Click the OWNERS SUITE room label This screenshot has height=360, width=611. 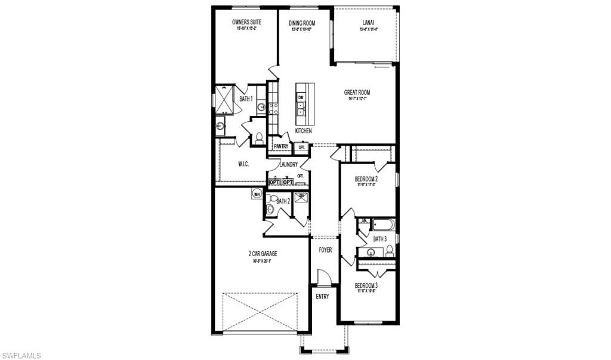pyautogui.click(x=245, y=23)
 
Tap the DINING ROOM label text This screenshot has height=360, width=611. pyautogui.click(x=302, y=23)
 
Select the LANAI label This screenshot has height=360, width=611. pyautogui.click(x=368, y=23)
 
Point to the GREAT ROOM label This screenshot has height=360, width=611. pyautogui.click(x=357, y=93)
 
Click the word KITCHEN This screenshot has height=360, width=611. pyautogui.click(x=303, y=131)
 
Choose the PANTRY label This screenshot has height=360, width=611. pyautogui.click(x=281, y=146)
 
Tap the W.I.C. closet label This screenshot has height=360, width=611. pyautogui.click(x=243, y=164)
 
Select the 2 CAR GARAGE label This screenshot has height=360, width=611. pyautogui.click(x=263, y=254)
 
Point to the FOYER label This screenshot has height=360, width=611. pyautogui.click(x=325, y=250)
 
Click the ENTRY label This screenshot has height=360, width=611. pyautogui.click(x=322, y=297)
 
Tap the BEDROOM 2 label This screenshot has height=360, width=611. pyautogui.click(x=366, y=179)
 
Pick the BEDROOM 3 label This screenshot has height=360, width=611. pyautogui.click(x=366, y=285)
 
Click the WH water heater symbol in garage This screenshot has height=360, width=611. pyautogui.click(x=257, y=193)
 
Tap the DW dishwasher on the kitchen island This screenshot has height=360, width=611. pyautogui.click(x=301, y=97)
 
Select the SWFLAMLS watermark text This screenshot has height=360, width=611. pyautogui.click(x=21, y=355)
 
